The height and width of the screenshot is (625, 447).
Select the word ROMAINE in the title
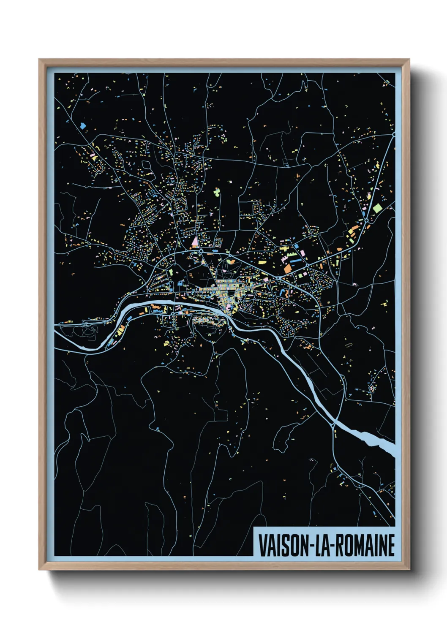coord(364,546)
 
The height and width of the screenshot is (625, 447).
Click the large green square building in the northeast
coord(377,208)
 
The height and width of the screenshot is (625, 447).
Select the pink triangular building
coord(195,242)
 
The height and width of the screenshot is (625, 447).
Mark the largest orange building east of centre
coord(287,268)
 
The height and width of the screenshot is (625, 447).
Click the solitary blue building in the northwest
coord(83,125)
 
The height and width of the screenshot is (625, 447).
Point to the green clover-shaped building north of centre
coord(216,192)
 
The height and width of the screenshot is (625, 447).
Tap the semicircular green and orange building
coord(232,262)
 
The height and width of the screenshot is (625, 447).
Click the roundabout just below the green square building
coord(366,220)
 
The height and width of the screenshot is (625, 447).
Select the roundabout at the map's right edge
coord(394,135)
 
